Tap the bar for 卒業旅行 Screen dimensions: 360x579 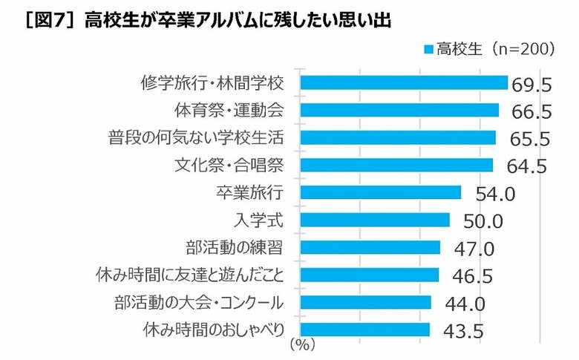click(x=380, y=193)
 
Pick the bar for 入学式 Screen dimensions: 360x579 click(x=374, y=220)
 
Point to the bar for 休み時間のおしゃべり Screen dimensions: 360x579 click(x=364, y=330)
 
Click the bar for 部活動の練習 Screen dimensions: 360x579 click(x=370, y=247)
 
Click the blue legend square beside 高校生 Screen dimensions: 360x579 click(x=428, y=50)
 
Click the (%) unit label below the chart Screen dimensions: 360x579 click(x=302, y=344)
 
